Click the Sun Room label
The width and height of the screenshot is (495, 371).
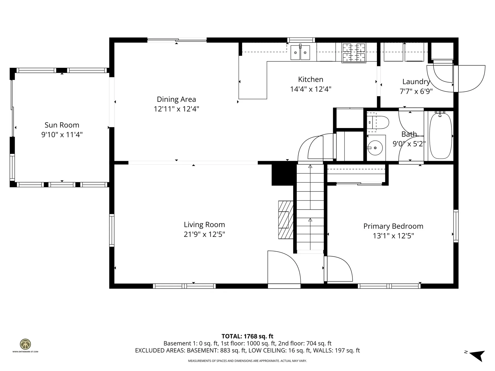[x=62, y=125]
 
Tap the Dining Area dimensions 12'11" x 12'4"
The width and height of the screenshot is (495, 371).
[x=176, y=109]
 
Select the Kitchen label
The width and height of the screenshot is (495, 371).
[x=310, y=79]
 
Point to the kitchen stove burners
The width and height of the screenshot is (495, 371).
[x=354, y=53]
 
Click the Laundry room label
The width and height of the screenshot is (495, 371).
[x=416, y=82]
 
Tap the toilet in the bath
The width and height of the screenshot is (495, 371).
[x=378, y=122]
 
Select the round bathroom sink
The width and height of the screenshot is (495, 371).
[x=375, y=148]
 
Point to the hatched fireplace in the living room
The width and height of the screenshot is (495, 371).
[x=286, y=220]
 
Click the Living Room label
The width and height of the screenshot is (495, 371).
[x=204, y=225]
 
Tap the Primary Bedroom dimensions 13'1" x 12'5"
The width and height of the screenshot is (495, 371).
[x=393, y=236]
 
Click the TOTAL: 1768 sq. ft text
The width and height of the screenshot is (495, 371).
[x=247, y=336]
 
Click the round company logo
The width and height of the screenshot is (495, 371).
[x=25, y=344]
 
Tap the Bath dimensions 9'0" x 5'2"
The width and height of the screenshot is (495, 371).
[x=409, y=144]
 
